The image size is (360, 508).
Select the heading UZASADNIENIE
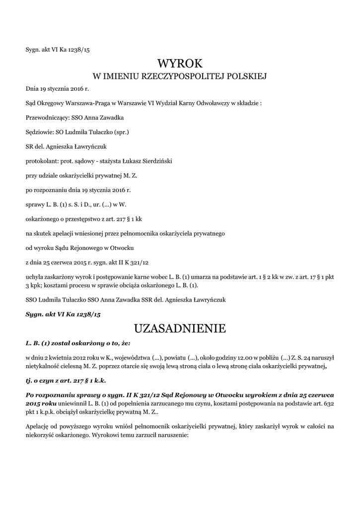180,328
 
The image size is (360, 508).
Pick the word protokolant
41,161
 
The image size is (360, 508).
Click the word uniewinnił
75,404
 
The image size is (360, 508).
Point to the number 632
328,404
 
